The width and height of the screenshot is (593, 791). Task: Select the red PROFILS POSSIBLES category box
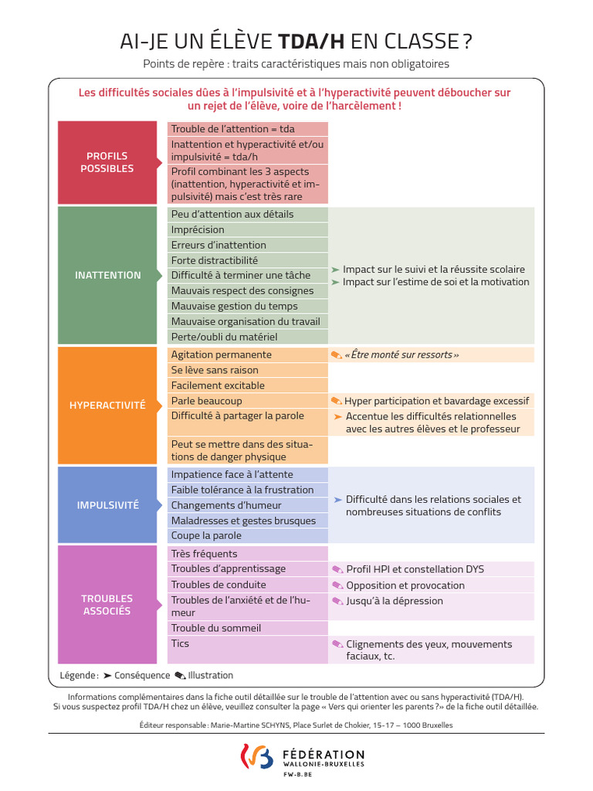pyautogui.click(x=107, y=162)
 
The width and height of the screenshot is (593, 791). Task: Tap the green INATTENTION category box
pyautogui.click(x=108, y=275)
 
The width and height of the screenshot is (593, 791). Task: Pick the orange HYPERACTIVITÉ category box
pyautogui.click(x=108, y=405)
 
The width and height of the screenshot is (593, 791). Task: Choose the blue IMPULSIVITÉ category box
pyautogui.click(x=108, y=505)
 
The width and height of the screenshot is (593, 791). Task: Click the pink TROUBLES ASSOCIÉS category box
pyautogui.click(x=107, y=604)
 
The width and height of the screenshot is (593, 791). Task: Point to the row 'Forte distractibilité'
pyautogui.click(x=247, y=260)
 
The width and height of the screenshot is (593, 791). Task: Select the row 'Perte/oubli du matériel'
pyautogui.click(x=247, y=337)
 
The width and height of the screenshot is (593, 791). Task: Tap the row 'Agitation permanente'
pyautogui.click(x=247, y=355)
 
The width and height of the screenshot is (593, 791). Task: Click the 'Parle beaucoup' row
pyautogui.click(x=247, y=401)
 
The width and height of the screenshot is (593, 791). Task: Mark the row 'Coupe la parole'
pyautogui.click(x=247, y=535)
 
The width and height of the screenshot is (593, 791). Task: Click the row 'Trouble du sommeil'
pyautogui.click(x=247, y=628)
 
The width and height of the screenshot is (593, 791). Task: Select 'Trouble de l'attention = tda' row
pyautogui.click(x=247, y=129)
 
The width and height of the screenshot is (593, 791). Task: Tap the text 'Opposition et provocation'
pyautogui.click(x=405, y=586)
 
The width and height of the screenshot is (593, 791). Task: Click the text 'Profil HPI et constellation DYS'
pyautogui.click(x=415, y=569)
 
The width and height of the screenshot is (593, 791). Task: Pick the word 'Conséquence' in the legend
pyautogui.click(x=142, y=675)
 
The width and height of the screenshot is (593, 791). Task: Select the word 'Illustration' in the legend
pyautogui.click(x=210, y=675)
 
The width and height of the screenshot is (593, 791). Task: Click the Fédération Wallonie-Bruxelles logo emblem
pyautogui.click(x=257, y=757)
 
